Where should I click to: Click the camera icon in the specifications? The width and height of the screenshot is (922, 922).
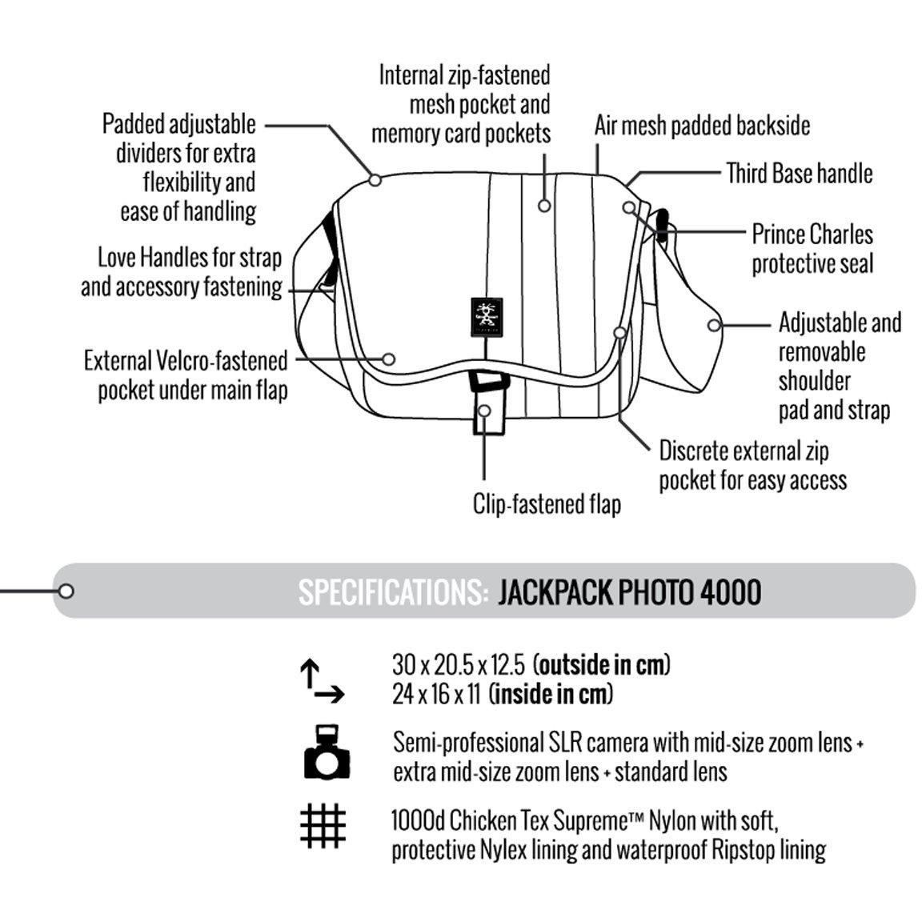(x=327, y=752)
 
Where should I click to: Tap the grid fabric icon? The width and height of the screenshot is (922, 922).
(x=323, y=826)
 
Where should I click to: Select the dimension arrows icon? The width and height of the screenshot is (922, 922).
(x=322, y=681)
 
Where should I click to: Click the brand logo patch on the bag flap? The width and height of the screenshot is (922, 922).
(x=487, y=318)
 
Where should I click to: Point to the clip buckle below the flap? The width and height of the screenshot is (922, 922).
(x=489, y=403)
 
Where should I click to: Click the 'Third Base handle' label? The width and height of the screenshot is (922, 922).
(x=799, y=174)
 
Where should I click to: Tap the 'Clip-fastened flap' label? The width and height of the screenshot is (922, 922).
(x=547, y=504)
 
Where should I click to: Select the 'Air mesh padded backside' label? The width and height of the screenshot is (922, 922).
(x=702, y=125)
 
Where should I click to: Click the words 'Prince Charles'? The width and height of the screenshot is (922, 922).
(x=812, y=234)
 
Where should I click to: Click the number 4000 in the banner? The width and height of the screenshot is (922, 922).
(x=730, y=592)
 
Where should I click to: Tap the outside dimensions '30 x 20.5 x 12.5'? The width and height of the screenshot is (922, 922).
(x=459, y=665)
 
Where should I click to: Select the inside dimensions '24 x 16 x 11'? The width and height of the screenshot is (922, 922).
(x=437, y=695)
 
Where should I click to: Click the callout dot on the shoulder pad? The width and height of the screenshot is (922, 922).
(x=714, y=325)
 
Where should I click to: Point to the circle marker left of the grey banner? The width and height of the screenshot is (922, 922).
(x=66, y=591)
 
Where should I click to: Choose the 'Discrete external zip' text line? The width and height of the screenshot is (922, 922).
(x=744, y=451)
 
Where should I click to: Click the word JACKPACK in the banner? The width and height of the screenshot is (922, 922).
(x=555, y=592)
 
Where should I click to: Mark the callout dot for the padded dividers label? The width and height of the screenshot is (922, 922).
(x=375, y=179)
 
